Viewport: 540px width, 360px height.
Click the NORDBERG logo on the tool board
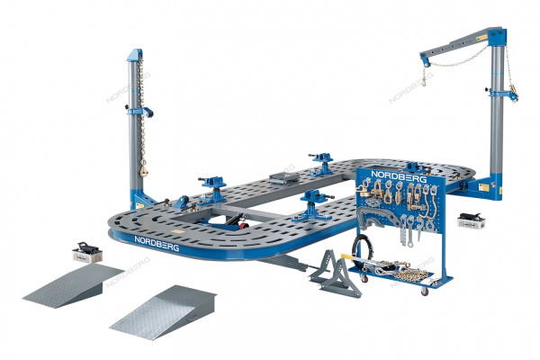pos(399,176)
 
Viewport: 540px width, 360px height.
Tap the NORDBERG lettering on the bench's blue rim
pos(157,243)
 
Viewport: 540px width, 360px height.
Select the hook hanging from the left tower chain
pos(144,169)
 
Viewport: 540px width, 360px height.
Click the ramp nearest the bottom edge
pos(163,312)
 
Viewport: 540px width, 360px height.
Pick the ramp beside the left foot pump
pos(72,285)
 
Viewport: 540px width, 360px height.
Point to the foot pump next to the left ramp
pos(87,252)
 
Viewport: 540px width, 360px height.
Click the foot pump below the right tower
pos(472,220)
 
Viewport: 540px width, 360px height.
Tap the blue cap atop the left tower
pos(135,55)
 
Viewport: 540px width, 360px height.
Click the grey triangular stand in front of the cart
pos(336,274)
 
